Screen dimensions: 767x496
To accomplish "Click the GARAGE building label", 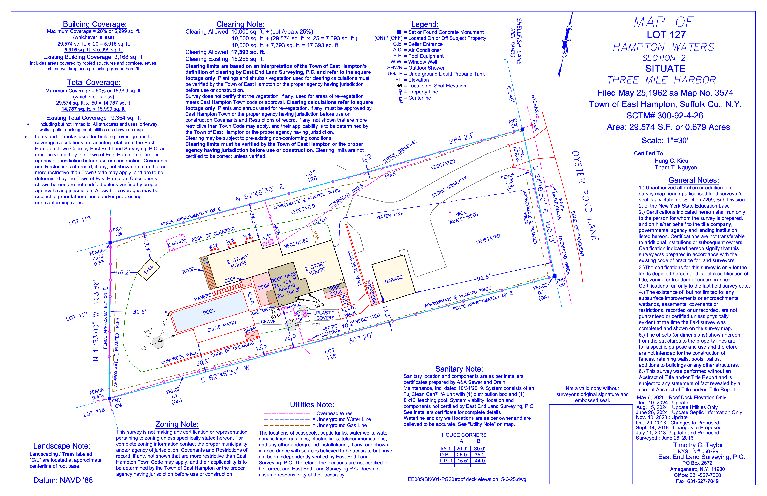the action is [393, 279].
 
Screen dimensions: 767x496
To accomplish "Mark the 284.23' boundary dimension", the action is [461, 138].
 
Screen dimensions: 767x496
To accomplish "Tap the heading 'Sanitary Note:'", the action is [459, 369].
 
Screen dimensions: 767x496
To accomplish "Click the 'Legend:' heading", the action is [425, 24].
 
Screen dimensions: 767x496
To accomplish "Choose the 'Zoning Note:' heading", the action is [177, 424].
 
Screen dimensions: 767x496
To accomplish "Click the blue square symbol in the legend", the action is [399, 32].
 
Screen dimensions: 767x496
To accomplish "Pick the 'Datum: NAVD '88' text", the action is [63, 480].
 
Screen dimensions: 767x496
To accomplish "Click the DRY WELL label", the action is [149, 333].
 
